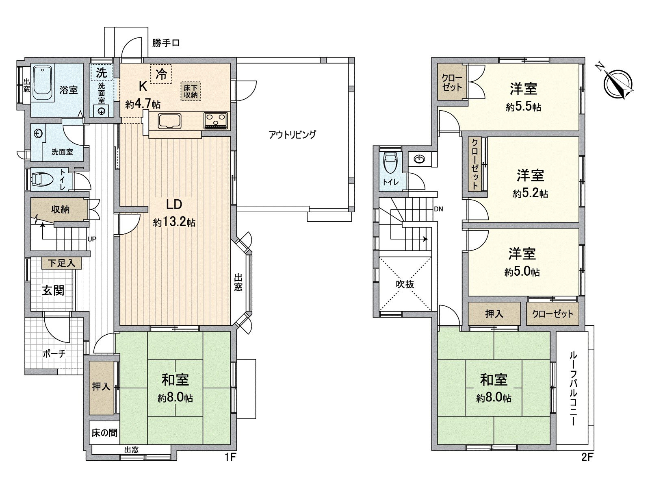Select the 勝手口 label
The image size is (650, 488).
point(166,43)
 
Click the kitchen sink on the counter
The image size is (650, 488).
point(170,121)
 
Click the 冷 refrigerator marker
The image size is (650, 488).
point(161,74)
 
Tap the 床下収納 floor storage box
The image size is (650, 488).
point(191,91)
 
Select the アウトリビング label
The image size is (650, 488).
point(292,135)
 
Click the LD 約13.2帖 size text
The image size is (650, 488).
point(174,222)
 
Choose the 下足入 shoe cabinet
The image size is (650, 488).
point(61,263)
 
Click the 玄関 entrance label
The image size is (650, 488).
point(53,290)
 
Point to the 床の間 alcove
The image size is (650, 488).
point(104,432)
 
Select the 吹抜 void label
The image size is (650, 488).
point(405,284)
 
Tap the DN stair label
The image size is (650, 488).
point(438,209)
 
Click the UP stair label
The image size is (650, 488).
point(92,239)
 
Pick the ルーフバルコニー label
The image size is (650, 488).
point(573,388)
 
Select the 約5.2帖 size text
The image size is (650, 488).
point(530,194)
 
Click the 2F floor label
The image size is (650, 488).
point(587,457)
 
